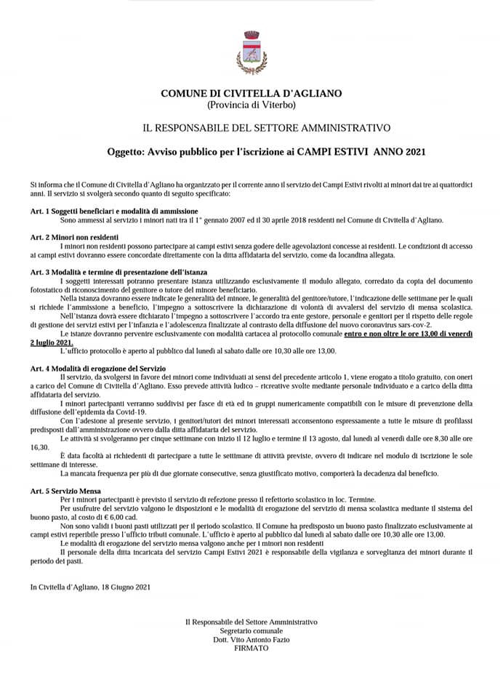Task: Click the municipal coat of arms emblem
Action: (x=251, y=52)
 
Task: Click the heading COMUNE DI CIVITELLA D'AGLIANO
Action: (x=251, y=93)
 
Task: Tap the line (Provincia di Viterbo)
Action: (x=251, y=105)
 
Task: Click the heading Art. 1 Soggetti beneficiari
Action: (x=109, y=211)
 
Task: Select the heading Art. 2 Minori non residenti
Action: (x=74, y=237)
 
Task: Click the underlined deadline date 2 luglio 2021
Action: (x=52, y=342)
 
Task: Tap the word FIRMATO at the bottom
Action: (x=251, y=648)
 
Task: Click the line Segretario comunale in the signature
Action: (x=251, y=631)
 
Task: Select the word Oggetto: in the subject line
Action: (x=126, y=152)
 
